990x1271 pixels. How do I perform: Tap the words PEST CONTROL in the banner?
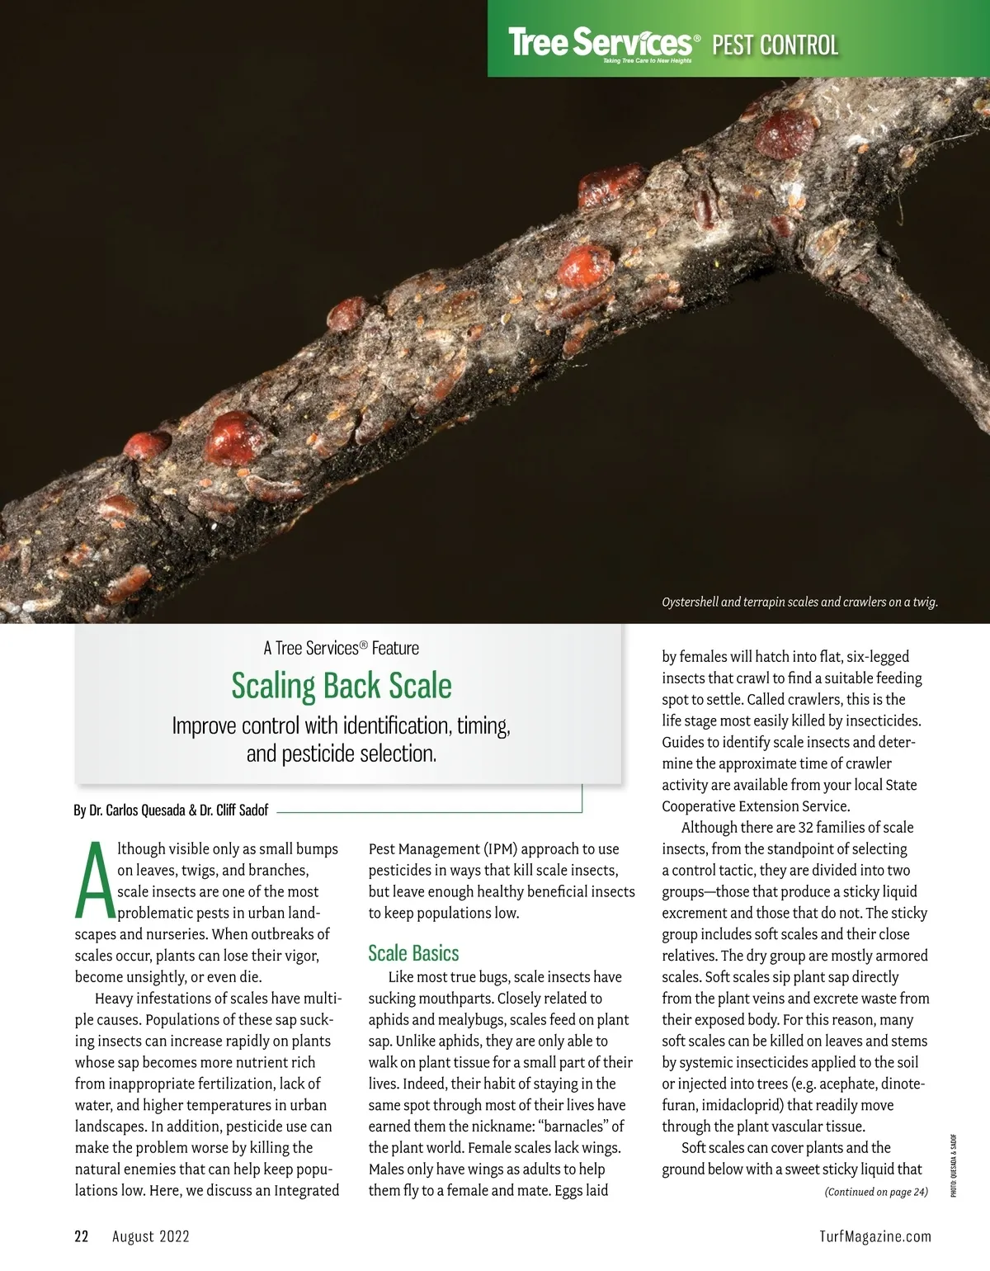(775, 45)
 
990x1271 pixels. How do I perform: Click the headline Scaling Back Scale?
(342, 686)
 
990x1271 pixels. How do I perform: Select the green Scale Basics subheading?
(413, 953)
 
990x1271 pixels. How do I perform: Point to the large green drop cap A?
(94, 881)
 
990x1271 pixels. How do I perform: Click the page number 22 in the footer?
(81, 1236)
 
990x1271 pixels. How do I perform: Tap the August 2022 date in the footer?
(151, 1236)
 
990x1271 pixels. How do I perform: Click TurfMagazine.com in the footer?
(875, 1236)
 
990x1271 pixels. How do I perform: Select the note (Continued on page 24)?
(876, 1192)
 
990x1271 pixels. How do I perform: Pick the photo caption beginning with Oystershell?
(799, 602)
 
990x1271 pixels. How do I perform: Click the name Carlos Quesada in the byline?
(145, 810)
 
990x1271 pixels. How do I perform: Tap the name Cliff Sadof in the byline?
(243, 810)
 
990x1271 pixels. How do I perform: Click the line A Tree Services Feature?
(342, 648)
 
